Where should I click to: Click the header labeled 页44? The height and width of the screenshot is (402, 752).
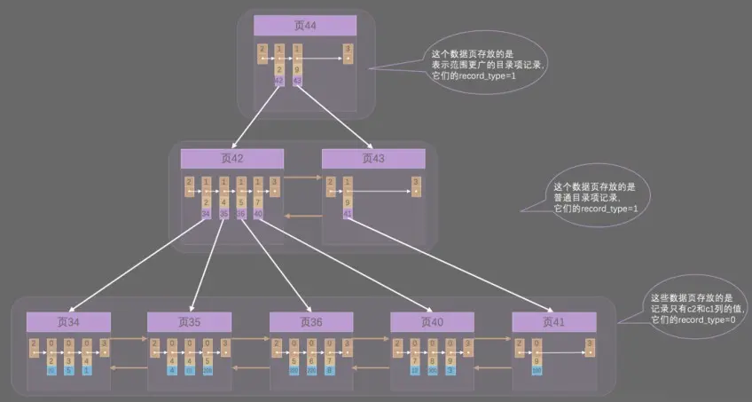click(x=304, y=26)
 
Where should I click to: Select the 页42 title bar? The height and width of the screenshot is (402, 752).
click(x=231, y=159)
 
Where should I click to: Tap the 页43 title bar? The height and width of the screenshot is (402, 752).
click(x=372, y=159)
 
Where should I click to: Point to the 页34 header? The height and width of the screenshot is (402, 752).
click(x=68, y=322)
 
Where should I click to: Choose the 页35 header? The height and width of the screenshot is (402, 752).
click(x=189, y=322)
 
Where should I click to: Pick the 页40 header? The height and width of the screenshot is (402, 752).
click(x=432, y=322)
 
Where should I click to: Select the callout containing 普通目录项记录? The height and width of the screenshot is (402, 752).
click(x=594, y=197)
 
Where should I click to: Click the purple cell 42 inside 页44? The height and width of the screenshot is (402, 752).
click(x=279, y=81)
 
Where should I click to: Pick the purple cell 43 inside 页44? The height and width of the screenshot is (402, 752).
click(x=297, y=81)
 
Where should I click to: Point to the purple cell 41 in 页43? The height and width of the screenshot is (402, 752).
click(x=348, y=213)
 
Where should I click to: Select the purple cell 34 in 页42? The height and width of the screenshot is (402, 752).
click(x=206, y=213)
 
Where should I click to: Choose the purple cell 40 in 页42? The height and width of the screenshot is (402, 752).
click(x=258, y=213)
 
